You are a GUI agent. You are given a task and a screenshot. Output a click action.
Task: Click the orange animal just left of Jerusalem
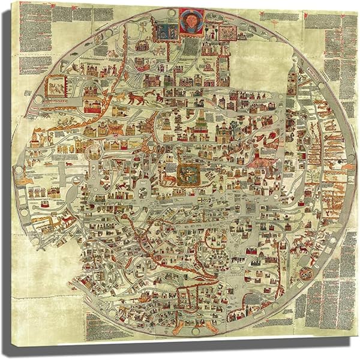pos(170,178)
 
